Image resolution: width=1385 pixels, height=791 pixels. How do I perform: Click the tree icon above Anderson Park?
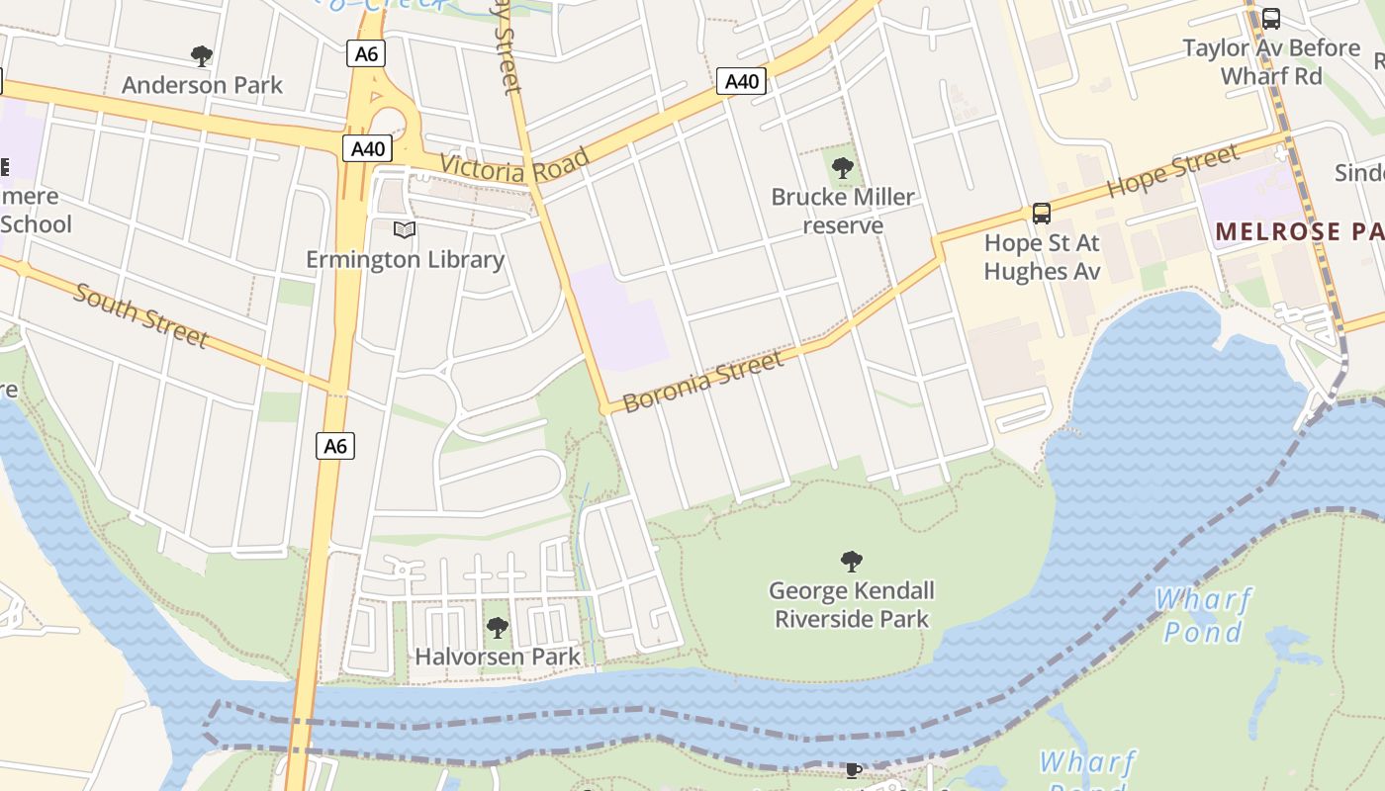pyautogui.click(x=202, y=56)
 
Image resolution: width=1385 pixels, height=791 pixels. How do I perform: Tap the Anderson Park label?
pyautogui.click(x=202, y=85)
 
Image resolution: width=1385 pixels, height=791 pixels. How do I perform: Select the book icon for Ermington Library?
pyautogui.click(x=404, y=230)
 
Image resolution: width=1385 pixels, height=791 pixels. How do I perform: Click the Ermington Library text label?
pyautogui.click(x=405, y=259)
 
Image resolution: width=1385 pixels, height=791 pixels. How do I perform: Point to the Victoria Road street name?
pyautogui.click(x=514, y=165)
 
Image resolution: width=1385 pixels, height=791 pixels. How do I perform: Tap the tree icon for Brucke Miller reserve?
pyautogui.click(x=842, y=168)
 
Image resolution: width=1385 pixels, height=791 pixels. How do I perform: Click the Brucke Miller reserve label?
pyautogui.click(x=843, y=211)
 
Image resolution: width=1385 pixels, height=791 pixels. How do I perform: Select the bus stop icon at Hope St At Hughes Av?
pyautogui.click(x=1041, y=213)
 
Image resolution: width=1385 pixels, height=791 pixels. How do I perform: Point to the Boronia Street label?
pyautogui.click(x=703, y=382)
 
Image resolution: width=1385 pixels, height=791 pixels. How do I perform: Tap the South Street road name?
pyautogui.click(x=140, y=315)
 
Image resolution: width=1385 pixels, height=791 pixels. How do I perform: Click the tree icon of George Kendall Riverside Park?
pyautogui.click(x=851, y=563)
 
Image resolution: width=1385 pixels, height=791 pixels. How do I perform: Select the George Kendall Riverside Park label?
pyautogui.click(x=851, y=605)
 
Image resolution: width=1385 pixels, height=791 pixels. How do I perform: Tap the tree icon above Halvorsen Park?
pyautogui.click(x=497, y=628)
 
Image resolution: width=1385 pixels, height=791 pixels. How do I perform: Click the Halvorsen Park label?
pyautogui.click(x=497, y=656)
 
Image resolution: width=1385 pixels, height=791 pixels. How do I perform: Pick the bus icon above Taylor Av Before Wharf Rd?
pyautogui.click(x=1271, y=19)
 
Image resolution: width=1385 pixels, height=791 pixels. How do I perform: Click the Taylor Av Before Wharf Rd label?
pyautogui.click(x=1271, y=61)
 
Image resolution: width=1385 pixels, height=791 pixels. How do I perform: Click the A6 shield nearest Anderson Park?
pyautogui.click(x=366, y=53)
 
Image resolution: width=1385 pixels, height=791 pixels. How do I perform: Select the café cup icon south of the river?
pyautogui.click(x=853, y=770)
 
